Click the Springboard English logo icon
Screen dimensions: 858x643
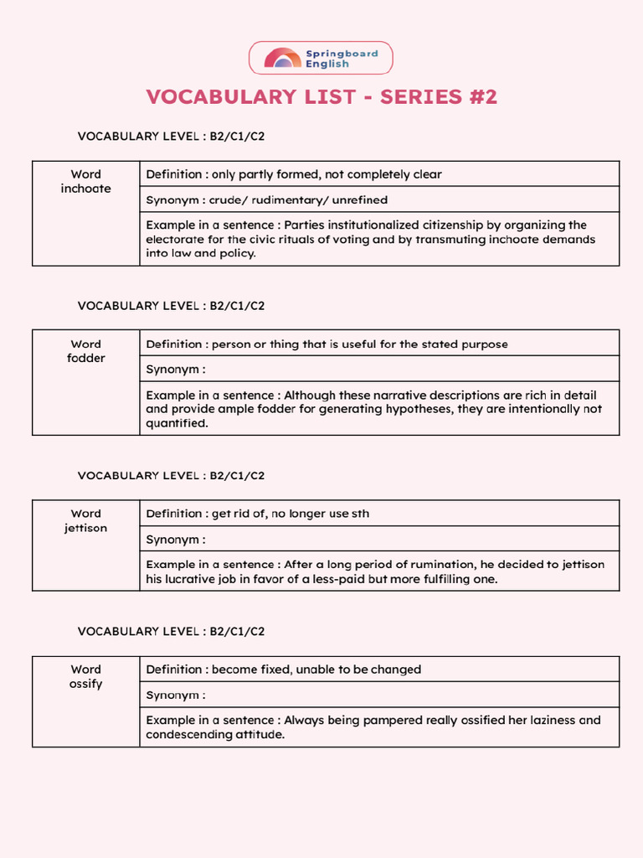click(x=282, y=58)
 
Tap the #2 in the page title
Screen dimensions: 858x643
click(x=479, y=97)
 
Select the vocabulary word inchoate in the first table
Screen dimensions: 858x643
click(x=85, y=189)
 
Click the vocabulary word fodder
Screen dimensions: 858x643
click(x=85, y=358)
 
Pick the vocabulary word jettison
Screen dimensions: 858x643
click(x=85, y=528)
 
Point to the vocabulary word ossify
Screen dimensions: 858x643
click(x=85, y=684)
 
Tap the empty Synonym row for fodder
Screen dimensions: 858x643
click(x=379, y=369)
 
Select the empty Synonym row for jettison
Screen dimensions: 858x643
click(x=379, y=539)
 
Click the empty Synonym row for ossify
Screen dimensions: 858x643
click(x=379, y=695)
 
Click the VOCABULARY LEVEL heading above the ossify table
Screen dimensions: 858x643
click(x=171, y=631)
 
